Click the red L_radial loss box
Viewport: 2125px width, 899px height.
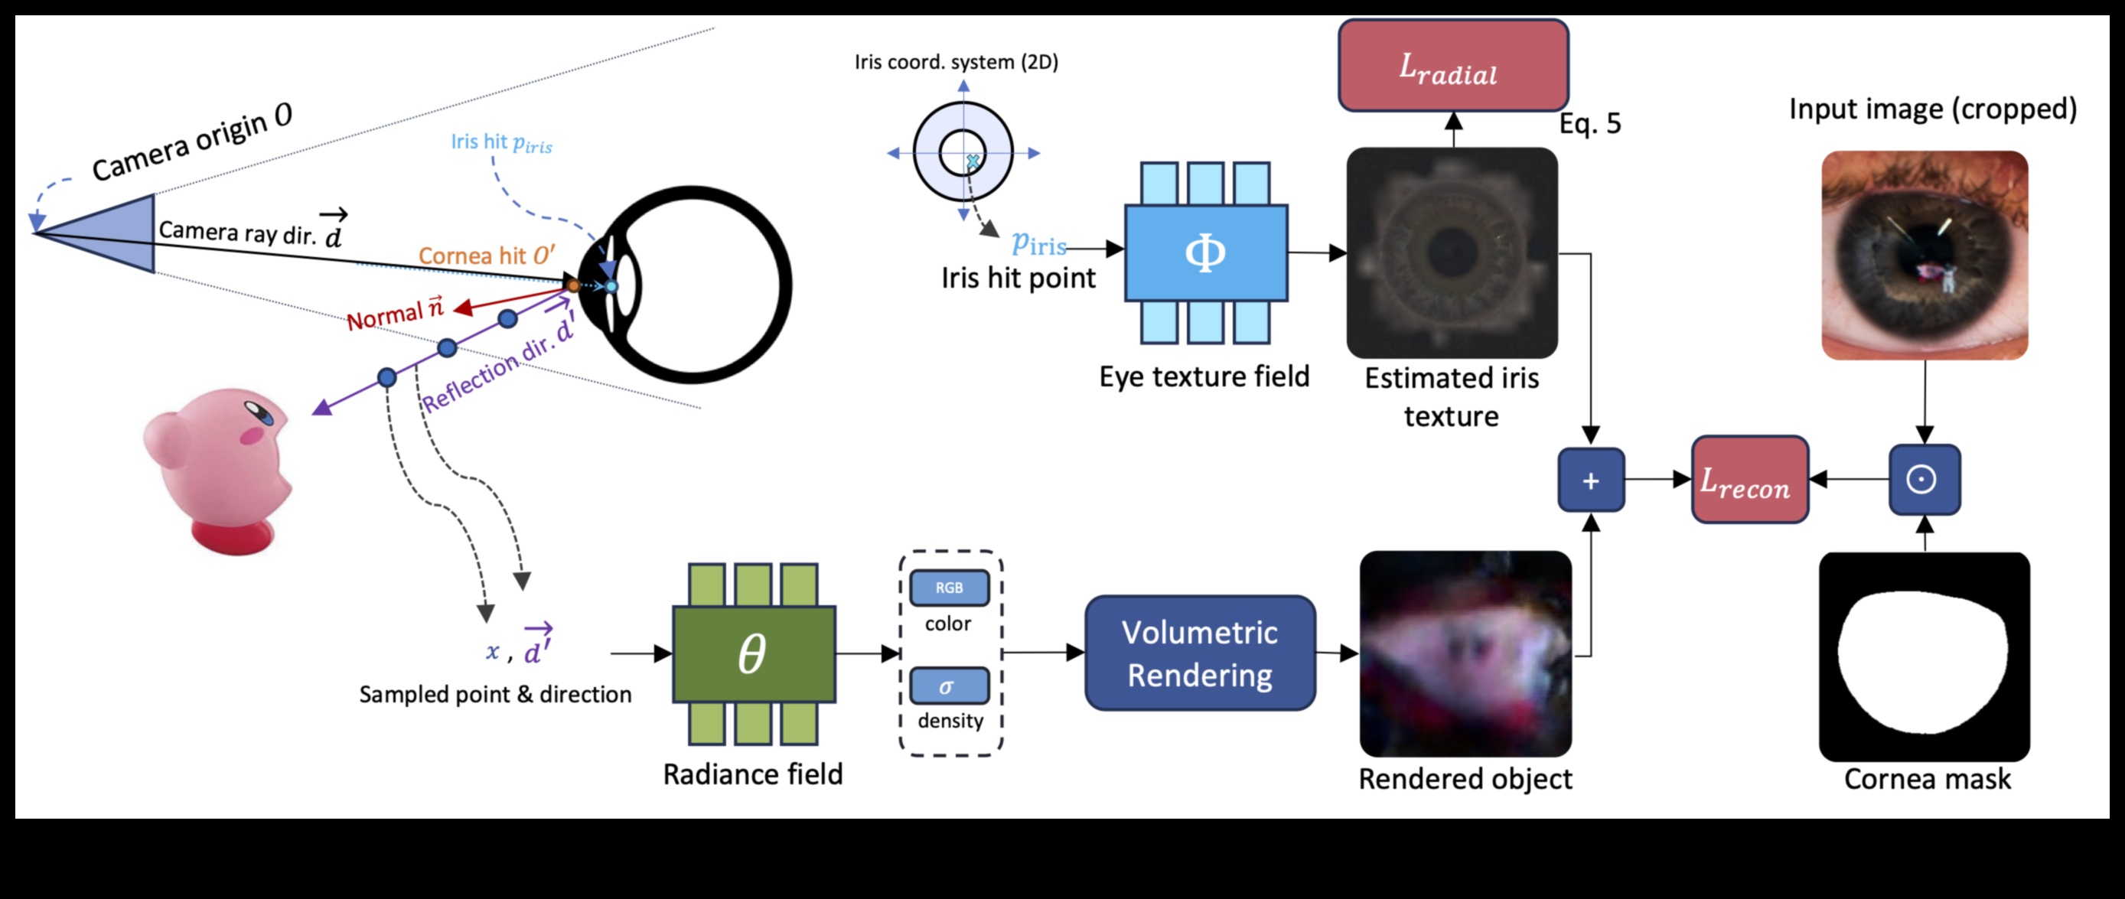pos(1452,66)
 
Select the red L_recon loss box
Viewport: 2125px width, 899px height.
pos(1749,480)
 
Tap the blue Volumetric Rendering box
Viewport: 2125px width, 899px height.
pos(1199,653)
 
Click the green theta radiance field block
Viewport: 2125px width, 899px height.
pos(753,654)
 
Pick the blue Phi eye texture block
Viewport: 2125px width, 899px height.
pos(1205,252)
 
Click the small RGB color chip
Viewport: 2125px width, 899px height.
pos(949,588)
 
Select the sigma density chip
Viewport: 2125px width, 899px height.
pos(949,686)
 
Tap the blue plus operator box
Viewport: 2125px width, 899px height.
pos(1590,480)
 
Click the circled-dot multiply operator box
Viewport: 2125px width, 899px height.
pos(1924,479)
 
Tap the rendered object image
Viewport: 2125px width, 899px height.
pos(1465,654)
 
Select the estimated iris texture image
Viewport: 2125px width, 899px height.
pos(1452,252)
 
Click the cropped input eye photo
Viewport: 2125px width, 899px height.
pos(1924,255)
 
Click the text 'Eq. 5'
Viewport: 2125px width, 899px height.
pos(1589,124)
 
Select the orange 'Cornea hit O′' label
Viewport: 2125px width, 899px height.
pos(486,256)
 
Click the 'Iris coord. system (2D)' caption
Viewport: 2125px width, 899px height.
pos(955,62)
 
